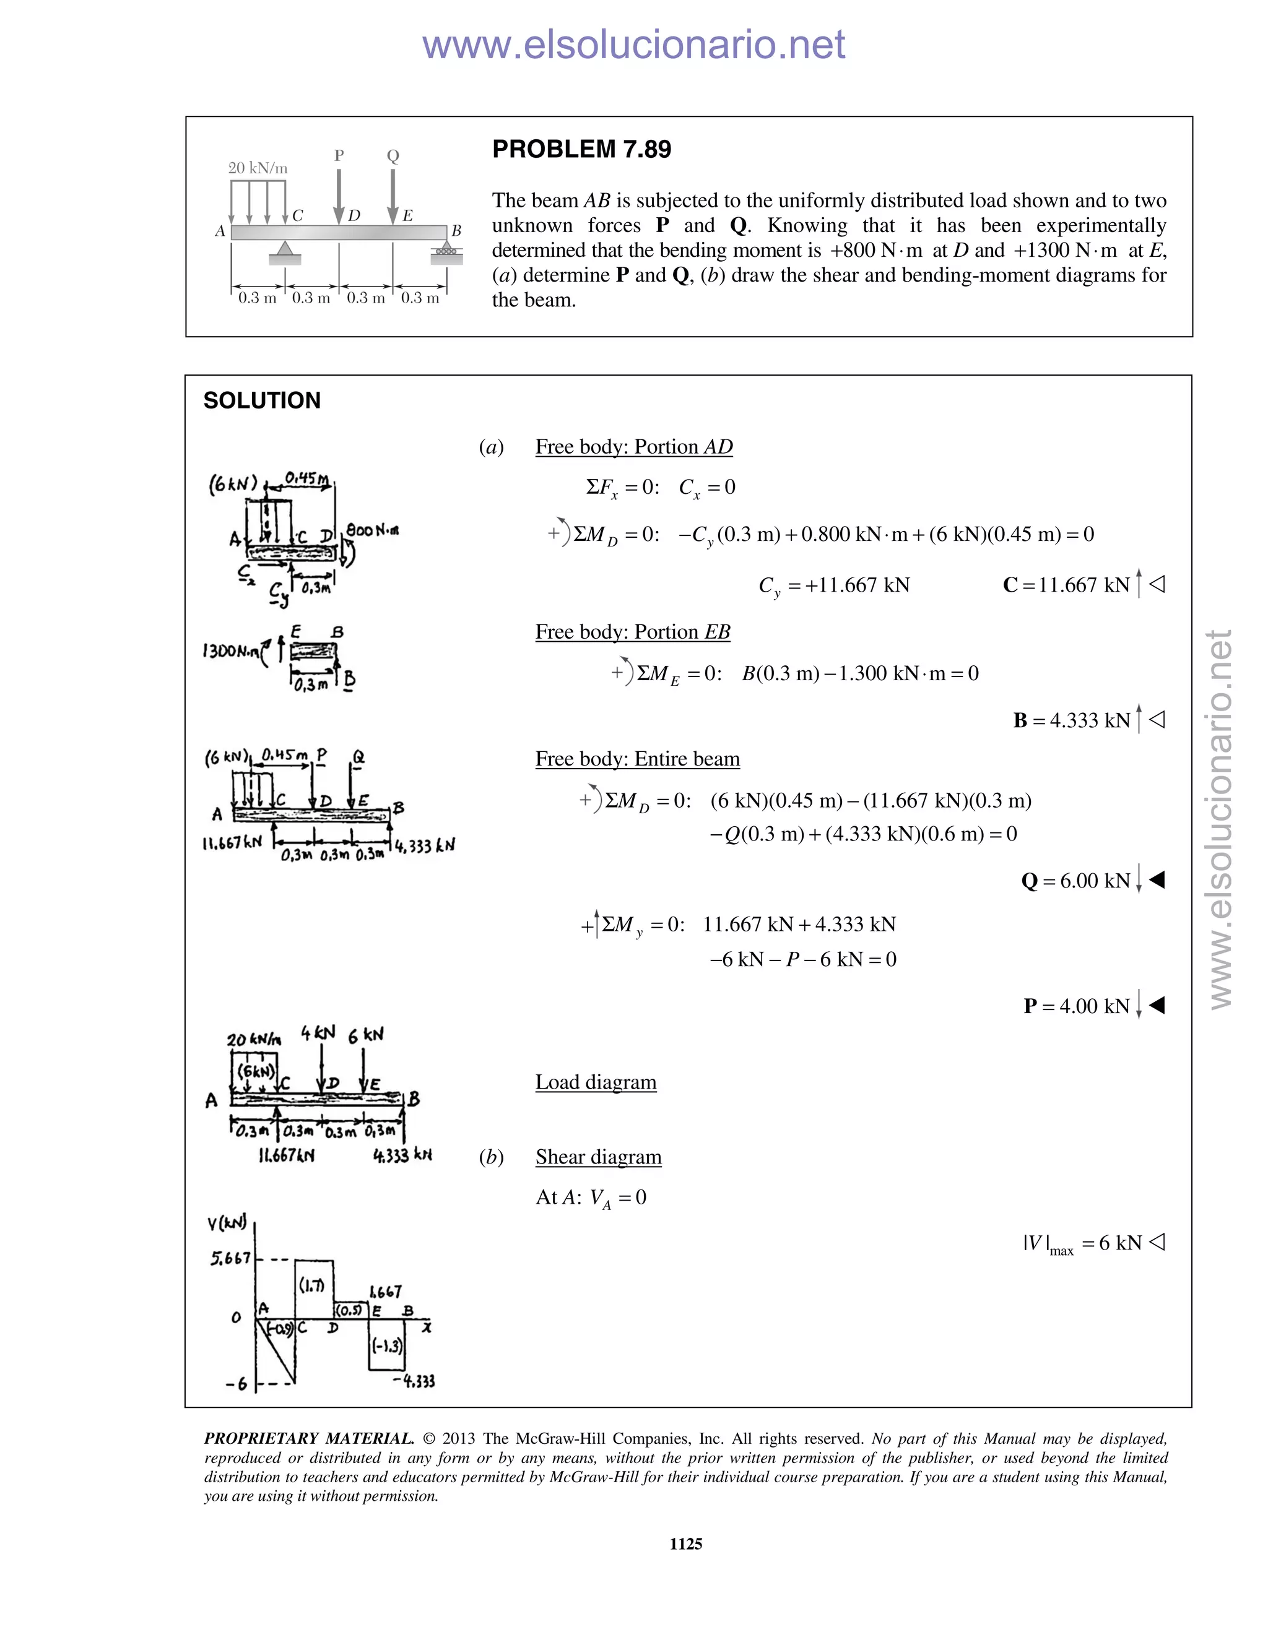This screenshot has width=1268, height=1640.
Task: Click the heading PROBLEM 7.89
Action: coord(581,149)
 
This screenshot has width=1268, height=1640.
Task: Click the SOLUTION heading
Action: coord(261,400)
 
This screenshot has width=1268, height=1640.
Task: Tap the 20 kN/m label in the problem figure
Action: coord(258,168)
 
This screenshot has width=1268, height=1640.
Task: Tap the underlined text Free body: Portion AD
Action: coord(633,447)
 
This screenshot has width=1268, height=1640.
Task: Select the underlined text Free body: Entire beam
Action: coord(637,759)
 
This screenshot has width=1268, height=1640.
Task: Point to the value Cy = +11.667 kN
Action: coord(834,585)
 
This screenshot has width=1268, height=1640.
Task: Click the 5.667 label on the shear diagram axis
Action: coord(230,1258)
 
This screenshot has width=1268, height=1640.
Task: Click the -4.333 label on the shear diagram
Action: coord(413,1380)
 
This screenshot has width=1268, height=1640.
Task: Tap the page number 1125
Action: coord(685,1544)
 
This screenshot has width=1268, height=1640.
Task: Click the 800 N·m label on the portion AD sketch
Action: coord(372,530)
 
